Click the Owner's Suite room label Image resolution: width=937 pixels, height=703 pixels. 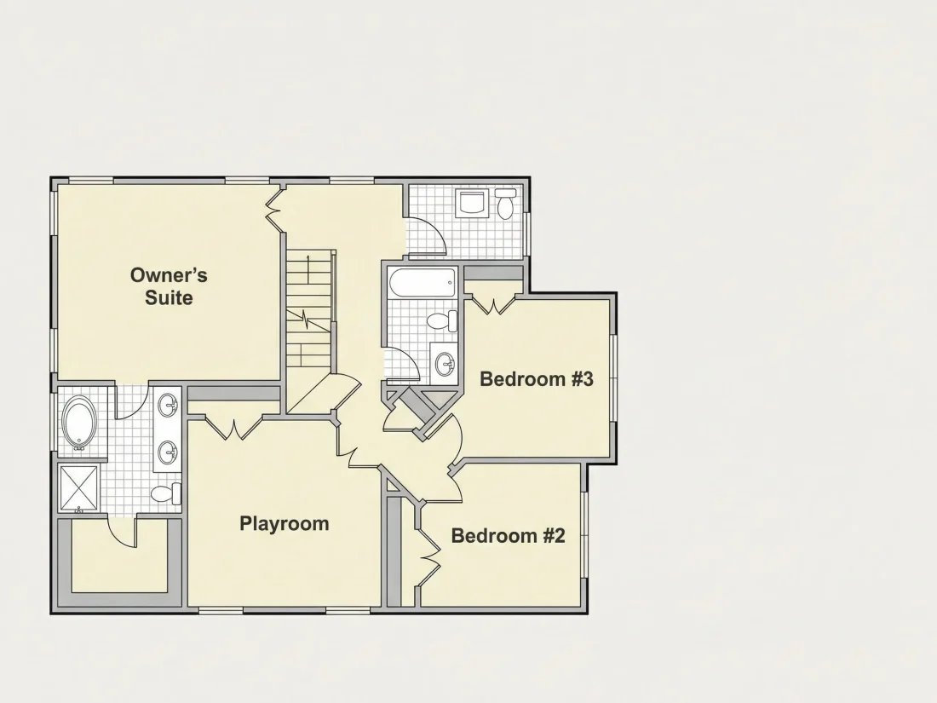coord(170,286)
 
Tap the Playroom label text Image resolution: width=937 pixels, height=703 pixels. coord(285,524)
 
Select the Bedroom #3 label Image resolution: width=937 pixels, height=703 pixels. coord(537,379)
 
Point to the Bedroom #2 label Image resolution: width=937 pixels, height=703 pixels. coord(508,536)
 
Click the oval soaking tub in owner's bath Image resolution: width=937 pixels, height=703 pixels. coord(79,424)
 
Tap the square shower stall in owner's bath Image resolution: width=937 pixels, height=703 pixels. coord(79,488)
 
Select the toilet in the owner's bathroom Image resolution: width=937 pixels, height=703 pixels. coord(166,493)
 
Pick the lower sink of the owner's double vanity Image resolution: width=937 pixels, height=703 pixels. coord(168,452)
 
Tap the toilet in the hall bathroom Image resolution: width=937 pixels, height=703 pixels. coord(443,321)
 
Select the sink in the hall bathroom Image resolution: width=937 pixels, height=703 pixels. coord(444,362)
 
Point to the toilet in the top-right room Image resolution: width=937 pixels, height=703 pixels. coord(506,204)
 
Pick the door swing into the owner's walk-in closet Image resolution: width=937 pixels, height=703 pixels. coord(122,531)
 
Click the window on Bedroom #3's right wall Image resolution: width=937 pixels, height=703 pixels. coord(613,379)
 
